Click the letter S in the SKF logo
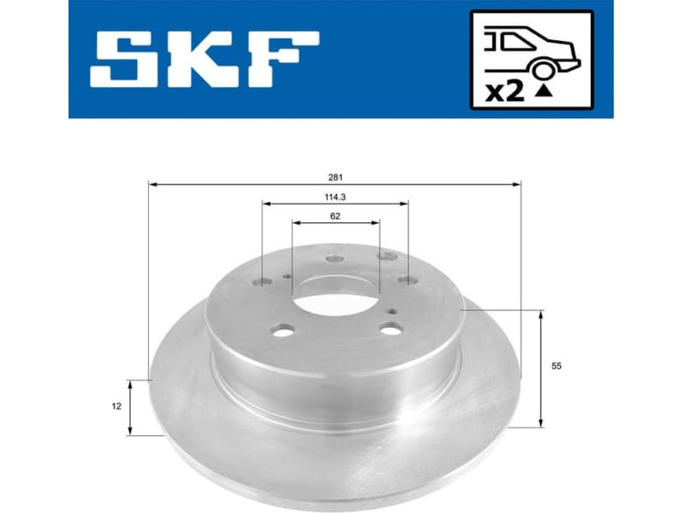coord(126,59)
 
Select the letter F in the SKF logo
coord(285,59)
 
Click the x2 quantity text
coord(504,91)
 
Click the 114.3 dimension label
coord(335,197)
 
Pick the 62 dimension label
coord(336,216)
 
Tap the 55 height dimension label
coord(556,366)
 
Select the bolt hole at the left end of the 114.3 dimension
coord(264,283)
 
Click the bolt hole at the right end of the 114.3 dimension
coord(407,280)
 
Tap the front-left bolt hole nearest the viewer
coord(285,329)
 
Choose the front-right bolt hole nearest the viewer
coord(391,327)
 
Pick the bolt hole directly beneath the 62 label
coord(335,258)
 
